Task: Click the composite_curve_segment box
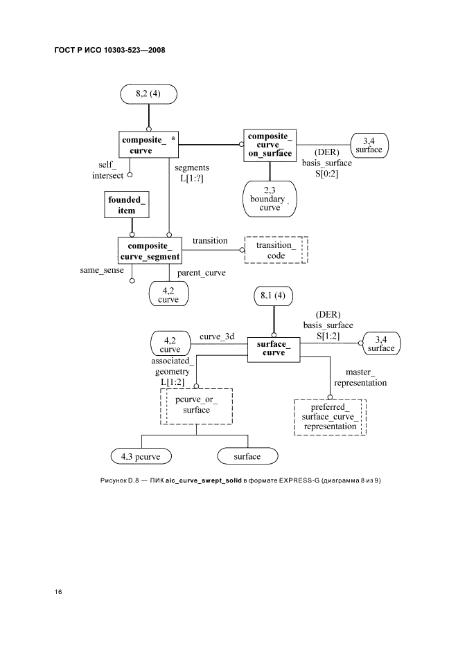click(x=150, y=251)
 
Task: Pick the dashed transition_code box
click(x=276, y=251)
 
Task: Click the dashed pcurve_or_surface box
click(x=196, y=406)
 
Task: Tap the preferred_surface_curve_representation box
click(x=330, y=417)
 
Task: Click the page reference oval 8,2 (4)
click(x=148, y=94)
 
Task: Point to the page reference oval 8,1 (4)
click(x=274, y=297)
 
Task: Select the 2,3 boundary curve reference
click(x=270, y=198)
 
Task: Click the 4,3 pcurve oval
click(x=141, y=456)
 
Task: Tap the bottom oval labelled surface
click(x=247, y=456)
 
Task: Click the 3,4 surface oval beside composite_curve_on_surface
click(x=369, y=145)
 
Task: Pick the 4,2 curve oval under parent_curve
click(x=169, y=294)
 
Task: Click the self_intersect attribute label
click(x=109, y=170)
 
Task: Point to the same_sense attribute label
click(x=101, y=270)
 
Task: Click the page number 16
click(x=59, y=592)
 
